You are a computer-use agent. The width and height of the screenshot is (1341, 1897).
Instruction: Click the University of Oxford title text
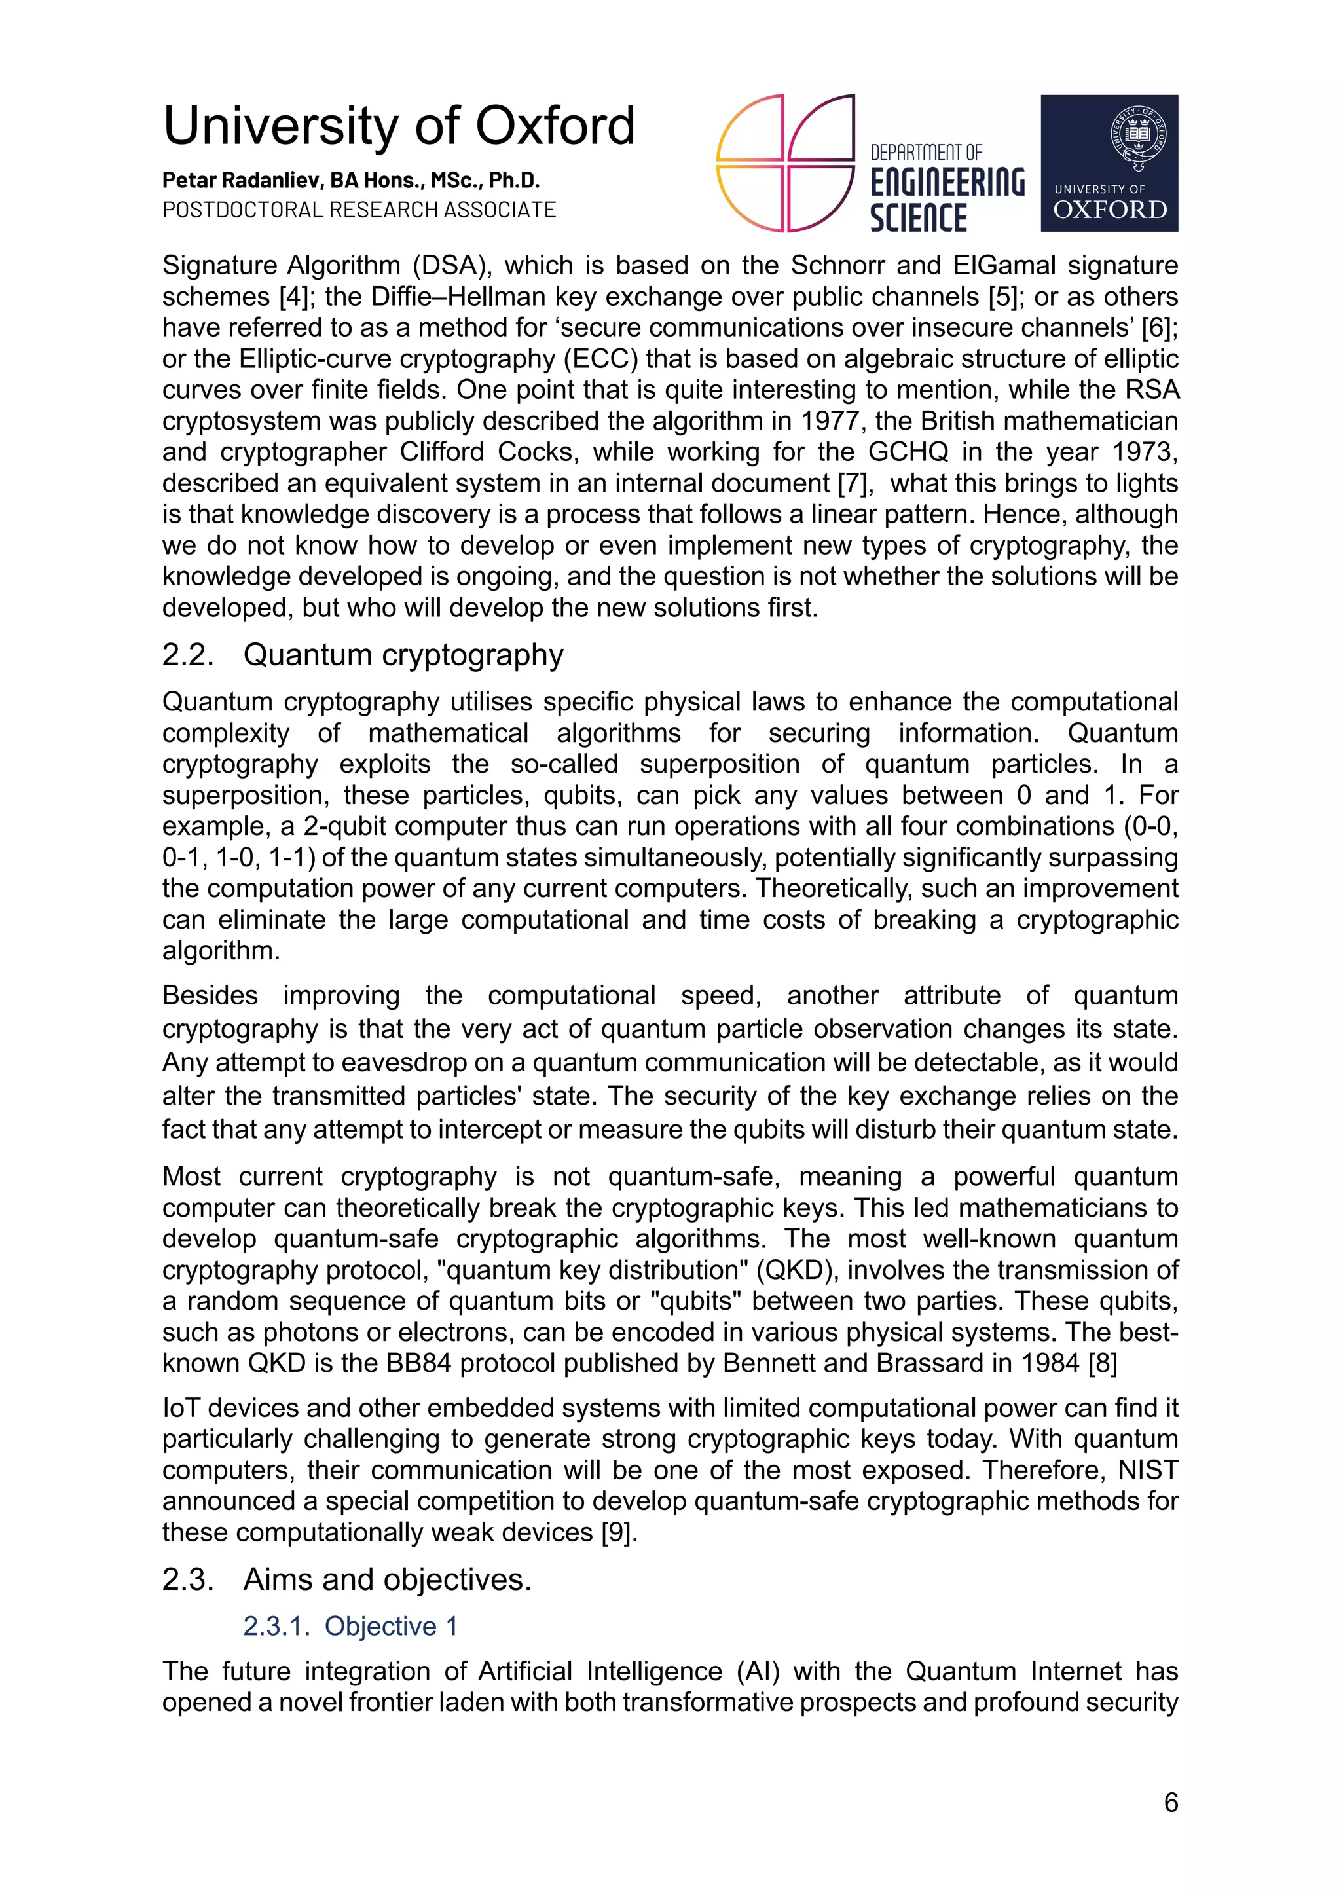point(399,126)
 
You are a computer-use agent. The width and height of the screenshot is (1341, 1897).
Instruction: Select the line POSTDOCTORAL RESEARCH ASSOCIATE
point(359,210)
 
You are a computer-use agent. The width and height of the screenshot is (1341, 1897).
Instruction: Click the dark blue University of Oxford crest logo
point(1109,163)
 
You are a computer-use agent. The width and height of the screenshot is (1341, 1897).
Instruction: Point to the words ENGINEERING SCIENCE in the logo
point(947,200)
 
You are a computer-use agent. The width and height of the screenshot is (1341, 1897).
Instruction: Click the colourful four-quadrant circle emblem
point(785,163)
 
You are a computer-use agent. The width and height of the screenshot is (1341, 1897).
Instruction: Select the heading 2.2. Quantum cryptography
point(363,654)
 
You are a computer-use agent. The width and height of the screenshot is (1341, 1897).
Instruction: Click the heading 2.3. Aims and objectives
point(346,1579)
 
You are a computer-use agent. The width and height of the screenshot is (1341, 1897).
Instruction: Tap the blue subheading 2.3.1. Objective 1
point(350,1625)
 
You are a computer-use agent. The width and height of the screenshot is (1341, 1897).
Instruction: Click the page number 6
point(1170,1802)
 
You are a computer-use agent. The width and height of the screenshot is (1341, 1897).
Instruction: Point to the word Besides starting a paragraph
point(210,995)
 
